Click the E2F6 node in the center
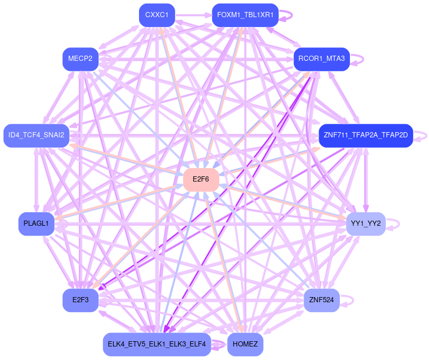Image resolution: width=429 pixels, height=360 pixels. [x=200, y=179]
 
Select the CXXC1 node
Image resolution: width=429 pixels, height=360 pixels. [x=157, y=15]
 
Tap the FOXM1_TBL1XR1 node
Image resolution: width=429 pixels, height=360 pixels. [x=245, y=15]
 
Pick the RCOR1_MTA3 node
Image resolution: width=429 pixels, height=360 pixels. [x=322, y=59]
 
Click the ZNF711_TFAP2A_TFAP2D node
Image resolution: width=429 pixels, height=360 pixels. [x=365, y=136]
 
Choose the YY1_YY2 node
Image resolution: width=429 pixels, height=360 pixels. [x=365, y=224]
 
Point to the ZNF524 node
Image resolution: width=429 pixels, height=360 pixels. [x=322, y=300]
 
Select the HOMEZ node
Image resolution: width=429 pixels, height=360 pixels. [x=245, y=344]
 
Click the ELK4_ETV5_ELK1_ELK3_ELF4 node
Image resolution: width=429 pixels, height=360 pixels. [x=157, y=344]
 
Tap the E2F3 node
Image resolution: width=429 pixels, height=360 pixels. [x=81, y=300]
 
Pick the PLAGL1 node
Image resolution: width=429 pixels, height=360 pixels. [x=36, y=224]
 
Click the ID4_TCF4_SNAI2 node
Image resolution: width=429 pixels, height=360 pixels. [x=36, y=136]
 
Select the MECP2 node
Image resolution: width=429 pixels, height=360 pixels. [x=80, y=59]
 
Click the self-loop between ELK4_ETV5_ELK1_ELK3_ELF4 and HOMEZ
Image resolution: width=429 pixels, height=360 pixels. [x=219, y=344]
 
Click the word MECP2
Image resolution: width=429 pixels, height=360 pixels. [x=80, y=59]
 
